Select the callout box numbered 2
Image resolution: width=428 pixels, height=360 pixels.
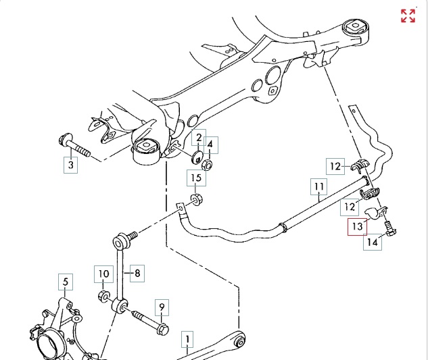coord(198,139)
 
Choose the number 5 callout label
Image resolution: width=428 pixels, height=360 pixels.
coord(66,282)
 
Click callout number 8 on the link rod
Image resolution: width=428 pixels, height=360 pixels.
coord(137,274)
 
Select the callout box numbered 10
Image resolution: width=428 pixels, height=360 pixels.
coord(102,274)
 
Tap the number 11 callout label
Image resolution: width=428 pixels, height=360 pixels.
coord(319,186)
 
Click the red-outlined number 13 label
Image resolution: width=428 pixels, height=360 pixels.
coord(356,227)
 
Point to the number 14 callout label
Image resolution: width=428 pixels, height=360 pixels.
coord(373,242)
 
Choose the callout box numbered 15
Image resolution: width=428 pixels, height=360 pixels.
coord(195,179)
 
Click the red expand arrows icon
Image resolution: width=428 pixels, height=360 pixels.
coord(408,16)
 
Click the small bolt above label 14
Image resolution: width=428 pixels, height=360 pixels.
coord(391,229)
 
